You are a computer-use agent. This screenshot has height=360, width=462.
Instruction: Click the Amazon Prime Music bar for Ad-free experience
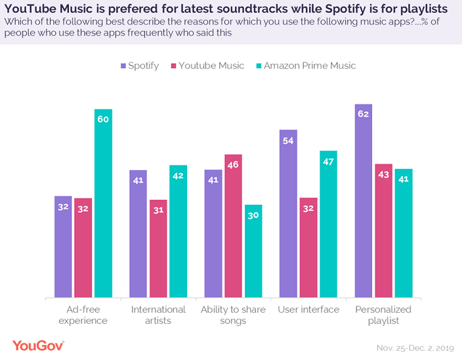[x=103, y=203]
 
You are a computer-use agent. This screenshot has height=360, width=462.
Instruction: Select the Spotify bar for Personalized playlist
[x=364, y=200]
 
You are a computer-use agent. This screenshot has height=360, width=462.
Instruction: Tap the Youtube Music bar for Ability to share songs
[x=233, y=226]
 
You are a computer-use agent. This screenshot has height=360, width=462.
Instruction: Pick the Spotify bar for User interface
[x=288, y=214]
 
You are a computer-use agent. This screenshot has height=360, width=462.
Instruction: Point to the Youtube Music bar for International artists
[x=158, y=248]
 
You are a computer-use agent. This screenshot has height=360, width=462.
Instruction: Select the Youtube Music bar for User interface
[x=308, y=247]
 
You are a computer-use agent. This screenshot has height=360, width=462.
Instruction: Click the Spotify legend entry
[x=139, y=66]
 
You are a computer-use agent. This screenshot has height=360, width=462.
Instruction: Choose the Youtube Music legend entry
[x=207, y=66]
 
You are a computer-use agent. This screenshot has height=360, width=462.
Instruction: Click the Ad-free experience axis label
[x=83, y=315]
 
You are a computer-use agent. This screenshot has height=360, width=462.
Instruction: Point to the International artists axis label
[x=158, y=315]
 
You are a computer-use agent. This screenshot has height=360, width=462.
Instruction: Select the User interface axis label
[x=308, y=309]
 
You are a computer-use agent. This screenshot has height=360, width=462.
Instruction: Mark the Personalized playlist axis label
[x=383, y=315]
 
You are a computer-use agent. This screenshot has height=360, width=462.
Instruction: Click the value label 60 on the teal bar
[x=103, y=120]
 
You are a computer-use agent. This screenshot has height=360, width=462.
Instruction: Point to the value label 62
[x=364, y=114]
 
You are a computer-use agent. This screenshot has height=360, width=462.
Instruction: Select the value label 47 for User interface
[x=328, y=161]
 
